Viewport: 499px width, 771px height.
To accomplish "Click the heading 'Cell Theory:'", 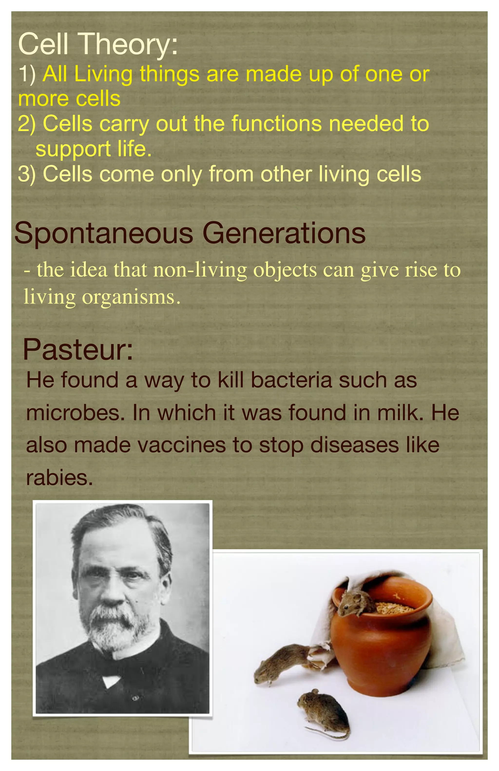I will click(x=98, y=44).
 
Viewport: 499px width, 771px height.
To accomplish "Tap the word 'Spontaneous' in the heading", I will click(x=104, y=234).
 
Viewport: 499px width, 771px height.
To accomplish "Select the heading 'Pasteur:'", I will click(x=78, y=350).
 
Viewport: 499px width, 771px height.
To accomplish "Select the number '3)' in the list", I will click(x=27, y=174).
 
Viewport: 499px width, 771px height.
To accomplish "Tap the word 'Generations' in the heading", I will click(x=284, y=234).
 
